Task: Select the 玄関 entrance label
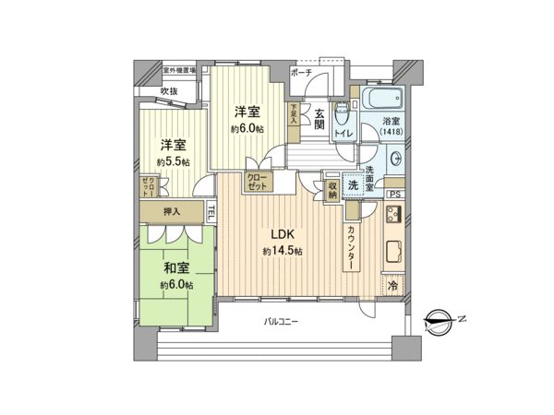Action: pyautogui.click(x=319, y=121)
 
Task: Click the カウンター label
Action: pyautogui.click(x=353, y=249)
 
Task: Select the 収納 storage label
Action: pyautogui.click(x=331, y=189)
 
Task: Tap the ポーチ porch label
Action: pyautogui.click(x=301, y=73)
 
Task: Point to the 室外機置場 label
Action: pyautogui.click(x=179, y=70)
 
